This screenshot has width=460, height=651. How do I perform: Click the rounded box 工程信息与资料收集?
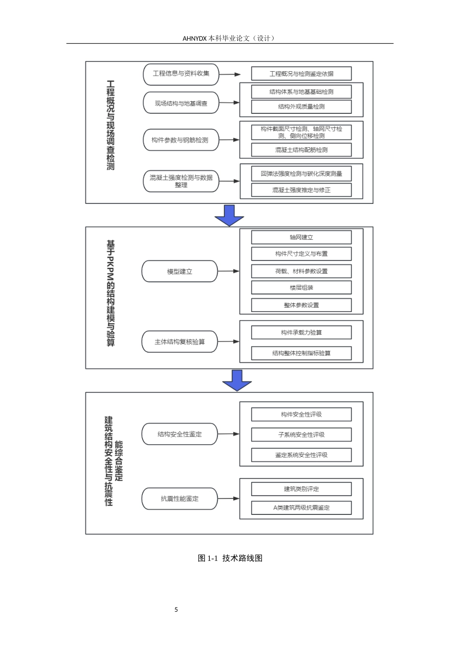click(x=181, y=75)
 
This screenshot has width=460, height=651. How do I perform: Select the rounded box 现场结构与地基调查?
click(x=181, y=103)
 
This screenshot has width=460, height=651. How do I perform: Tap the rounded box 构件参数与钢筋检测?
click(x=181, y=140)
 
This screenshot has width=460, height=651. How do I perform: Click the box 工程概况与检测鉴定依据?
click(x=301, y=74)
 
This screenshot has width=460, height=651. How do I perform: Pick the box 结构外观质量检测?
click(x=301, y=107)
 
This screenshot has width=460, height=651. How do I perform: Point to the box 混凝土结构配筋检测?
click(x=301, y=150)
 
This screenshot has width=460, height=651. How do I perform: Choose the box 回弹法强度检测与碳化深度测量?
click(x=301, y=173)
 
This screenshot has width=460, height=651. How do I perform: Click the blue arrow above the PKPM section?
click(x=229, y=216)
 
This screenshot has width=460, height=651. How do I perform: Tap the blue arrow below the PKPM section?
click(x=237, y=380)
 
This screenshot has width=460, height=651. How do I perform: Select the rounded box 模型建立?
click(x=180, y=271)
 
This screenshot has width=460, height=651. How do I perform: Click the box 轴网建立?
click(x=301, y=237)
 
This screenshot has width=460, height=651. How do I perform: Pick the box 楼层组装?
click(x=301, y=287)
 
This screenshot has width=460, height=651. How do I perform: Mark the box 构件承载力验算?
click(x=301, y=332)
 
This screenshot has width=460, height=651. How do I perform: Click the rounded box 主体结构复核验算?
click(x=180, y=341)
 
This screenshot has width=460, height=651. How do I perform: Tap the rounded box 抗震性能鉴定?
click(x=180, y=498)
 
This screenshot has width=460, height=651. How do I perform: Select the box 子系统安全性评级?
click(x=301, y=434)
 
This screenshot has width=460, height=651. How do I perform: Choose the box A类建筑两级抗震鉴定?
click(x=301, y=508)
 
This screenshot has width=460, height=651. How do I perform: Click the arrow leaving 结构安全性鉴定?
click(x=229, y=434)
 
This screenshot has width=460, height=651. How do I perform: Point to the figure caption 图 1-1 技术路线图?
click(x=230, y=558)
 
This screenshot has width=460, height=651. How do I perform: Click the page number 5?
click(x=176, y=609)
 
